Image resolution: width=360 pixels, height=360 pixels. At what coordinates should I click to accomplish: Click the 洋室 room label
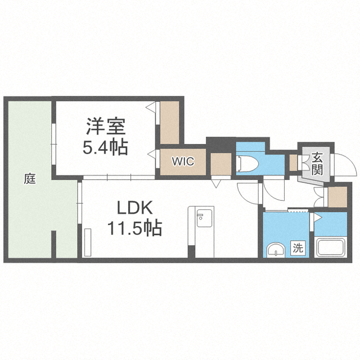[x=106, y=126]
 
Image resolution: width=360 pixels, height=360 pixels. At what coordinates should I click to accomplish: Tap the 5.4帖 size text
[x=105, y=147]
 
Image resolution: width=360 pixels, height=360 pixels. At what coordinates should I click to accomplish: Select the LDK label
[x=135, y=208]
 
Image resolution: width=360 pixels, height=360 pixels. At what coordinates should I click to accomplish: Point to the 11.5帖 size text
[x=135, y=228]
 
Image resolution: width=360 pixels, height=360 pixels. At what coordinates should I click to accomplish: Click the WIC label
[x=183, y=161]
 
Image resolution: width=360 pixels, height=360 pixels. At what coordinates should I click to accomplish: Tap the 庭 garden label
[x=30, y=178]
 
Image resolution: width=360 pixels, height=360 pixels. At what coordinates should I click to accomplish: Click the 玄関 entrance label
[x=317, y=164]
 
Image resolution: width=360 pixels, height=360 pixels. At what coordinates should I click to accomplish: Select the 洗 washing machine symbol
[x=298, y=247]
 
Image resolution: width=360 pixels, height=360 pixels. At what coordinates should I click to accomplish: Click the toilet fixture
[x=248, y=164]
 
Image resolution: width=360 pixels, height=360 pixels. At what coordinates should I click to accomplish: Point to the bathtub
[x=331, y=247]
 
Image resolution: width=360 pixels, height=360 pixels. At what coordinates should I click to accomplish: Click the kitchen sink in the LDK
[x=204, y=218]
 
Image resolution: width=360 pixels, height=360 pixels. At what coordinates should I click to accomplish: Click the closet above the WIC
[x=169, y=123]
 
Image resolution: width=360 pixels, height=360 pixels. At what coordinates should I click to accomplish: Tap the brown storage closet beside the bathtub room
[x=337, y=197]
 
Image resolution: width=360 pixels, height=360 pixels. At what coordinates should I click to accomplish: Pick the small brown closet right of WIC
[x=221, y=164]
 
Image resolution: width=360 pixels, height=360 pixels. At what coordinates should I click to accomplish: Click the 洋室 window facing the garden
[x=54, y=144]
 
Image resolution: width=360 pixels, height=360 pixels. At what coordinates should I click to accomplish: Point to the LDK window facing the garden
[x=80, y=202]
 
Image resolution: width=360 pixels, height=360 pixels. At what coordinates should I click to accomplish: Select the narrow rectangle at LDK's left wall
[x=88, y=242]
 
